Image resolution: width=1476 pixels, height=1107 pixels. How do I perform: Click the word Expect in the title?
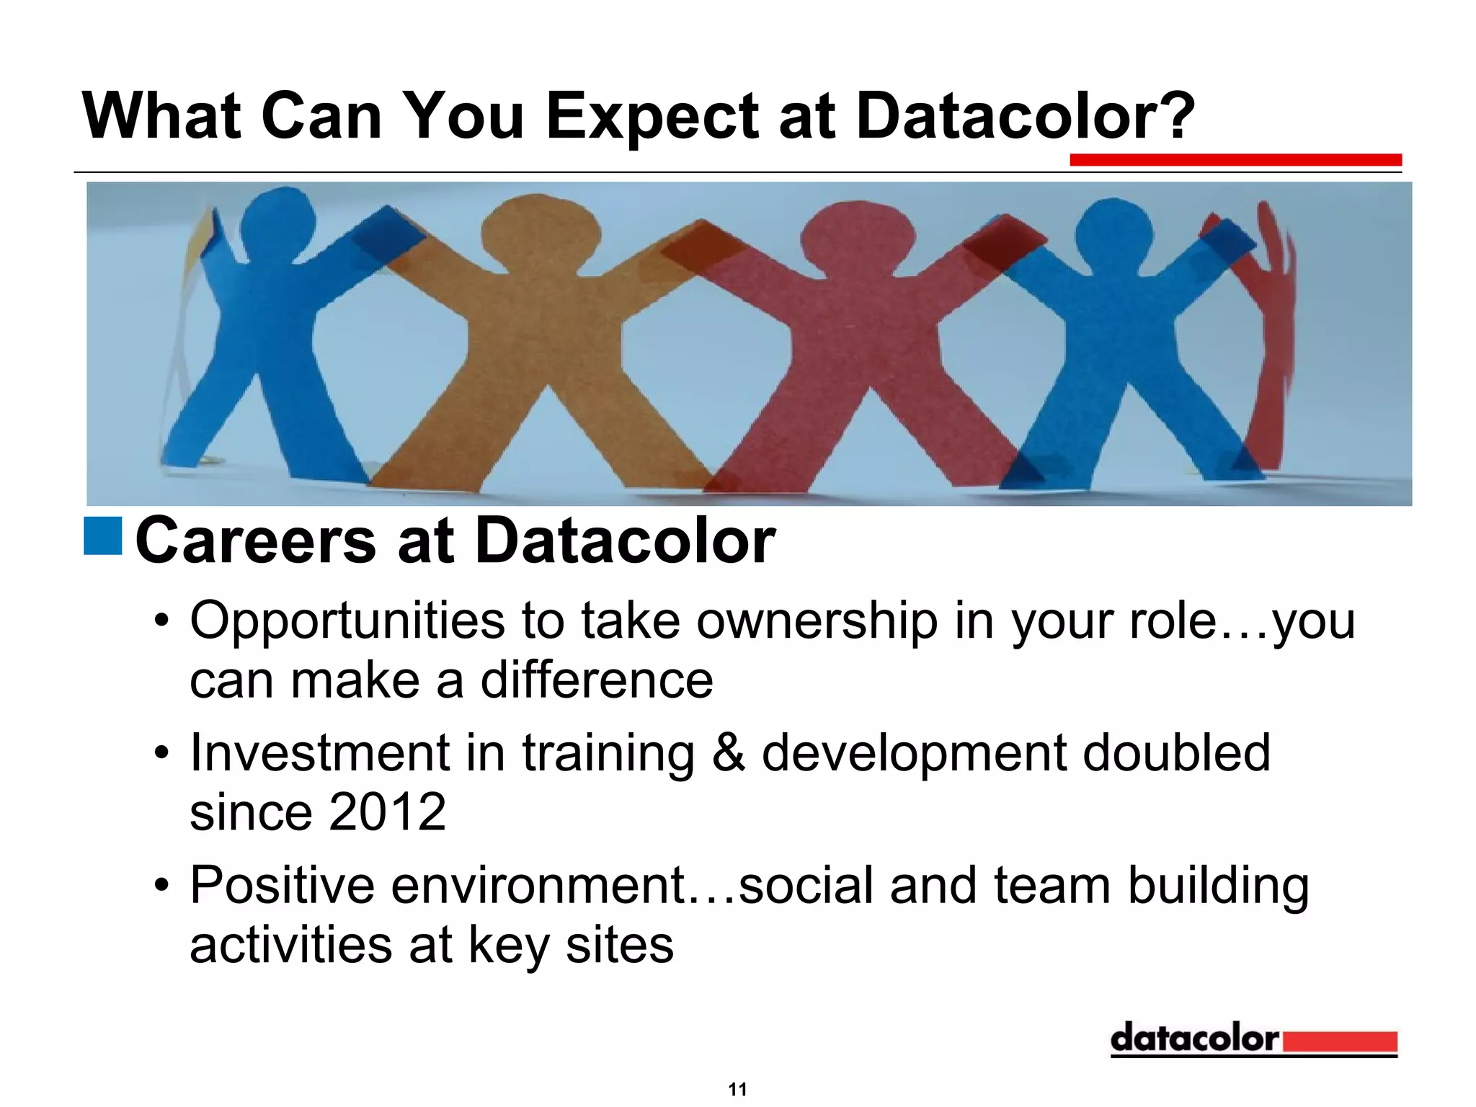point(653,117)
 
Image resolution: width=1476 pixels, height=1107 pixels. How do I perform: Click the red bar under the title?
point(1235,159)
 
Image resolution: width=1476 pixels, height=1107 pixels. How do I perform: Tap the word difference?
point(597,680)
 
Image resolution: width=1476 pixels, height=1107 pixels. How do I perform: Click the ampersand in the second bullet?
point(728,752)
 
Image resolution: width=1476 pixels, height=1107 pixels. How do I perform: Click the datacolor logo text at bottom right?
point(1194,1039)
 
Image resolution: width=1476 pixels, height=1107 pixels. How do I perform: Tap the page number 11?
point(737,1089)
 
